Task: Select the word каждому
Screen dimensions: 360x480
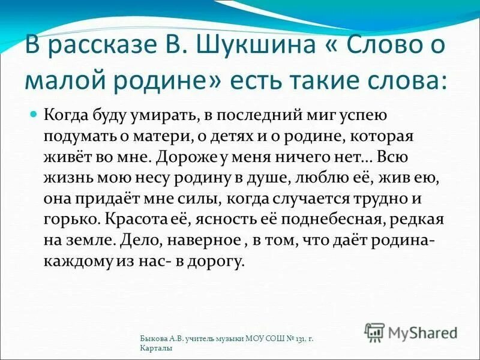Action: [79, 262]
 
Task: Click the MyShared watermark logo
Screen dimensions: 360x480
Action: [410, 331]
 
